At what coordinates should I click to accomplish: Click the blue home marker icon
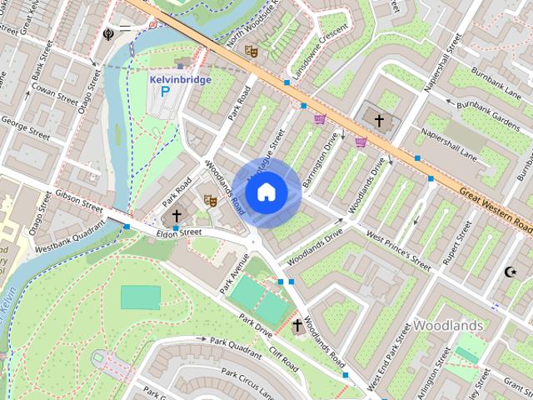(x=266, y=192)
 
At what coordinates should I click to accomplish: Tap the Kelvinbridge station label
(x=179, y=80)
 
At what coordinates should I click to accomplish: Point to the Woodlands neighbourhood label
(x=448, y=324)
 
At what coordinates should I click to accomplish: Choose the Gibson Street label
(x=78, y=200)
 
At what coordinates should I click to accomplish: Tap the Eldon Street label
(x=180, y=232)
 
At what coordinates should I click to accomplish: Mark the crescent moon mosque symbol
(x=511, y=272)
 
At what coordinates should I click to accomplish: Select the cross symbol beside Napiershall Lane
(x=379, y=121)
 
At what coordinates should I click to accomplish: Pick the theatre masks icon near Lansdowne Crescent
(x=251, y=51)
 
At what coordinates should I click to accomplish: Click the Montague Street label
(x=276, y=148)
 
